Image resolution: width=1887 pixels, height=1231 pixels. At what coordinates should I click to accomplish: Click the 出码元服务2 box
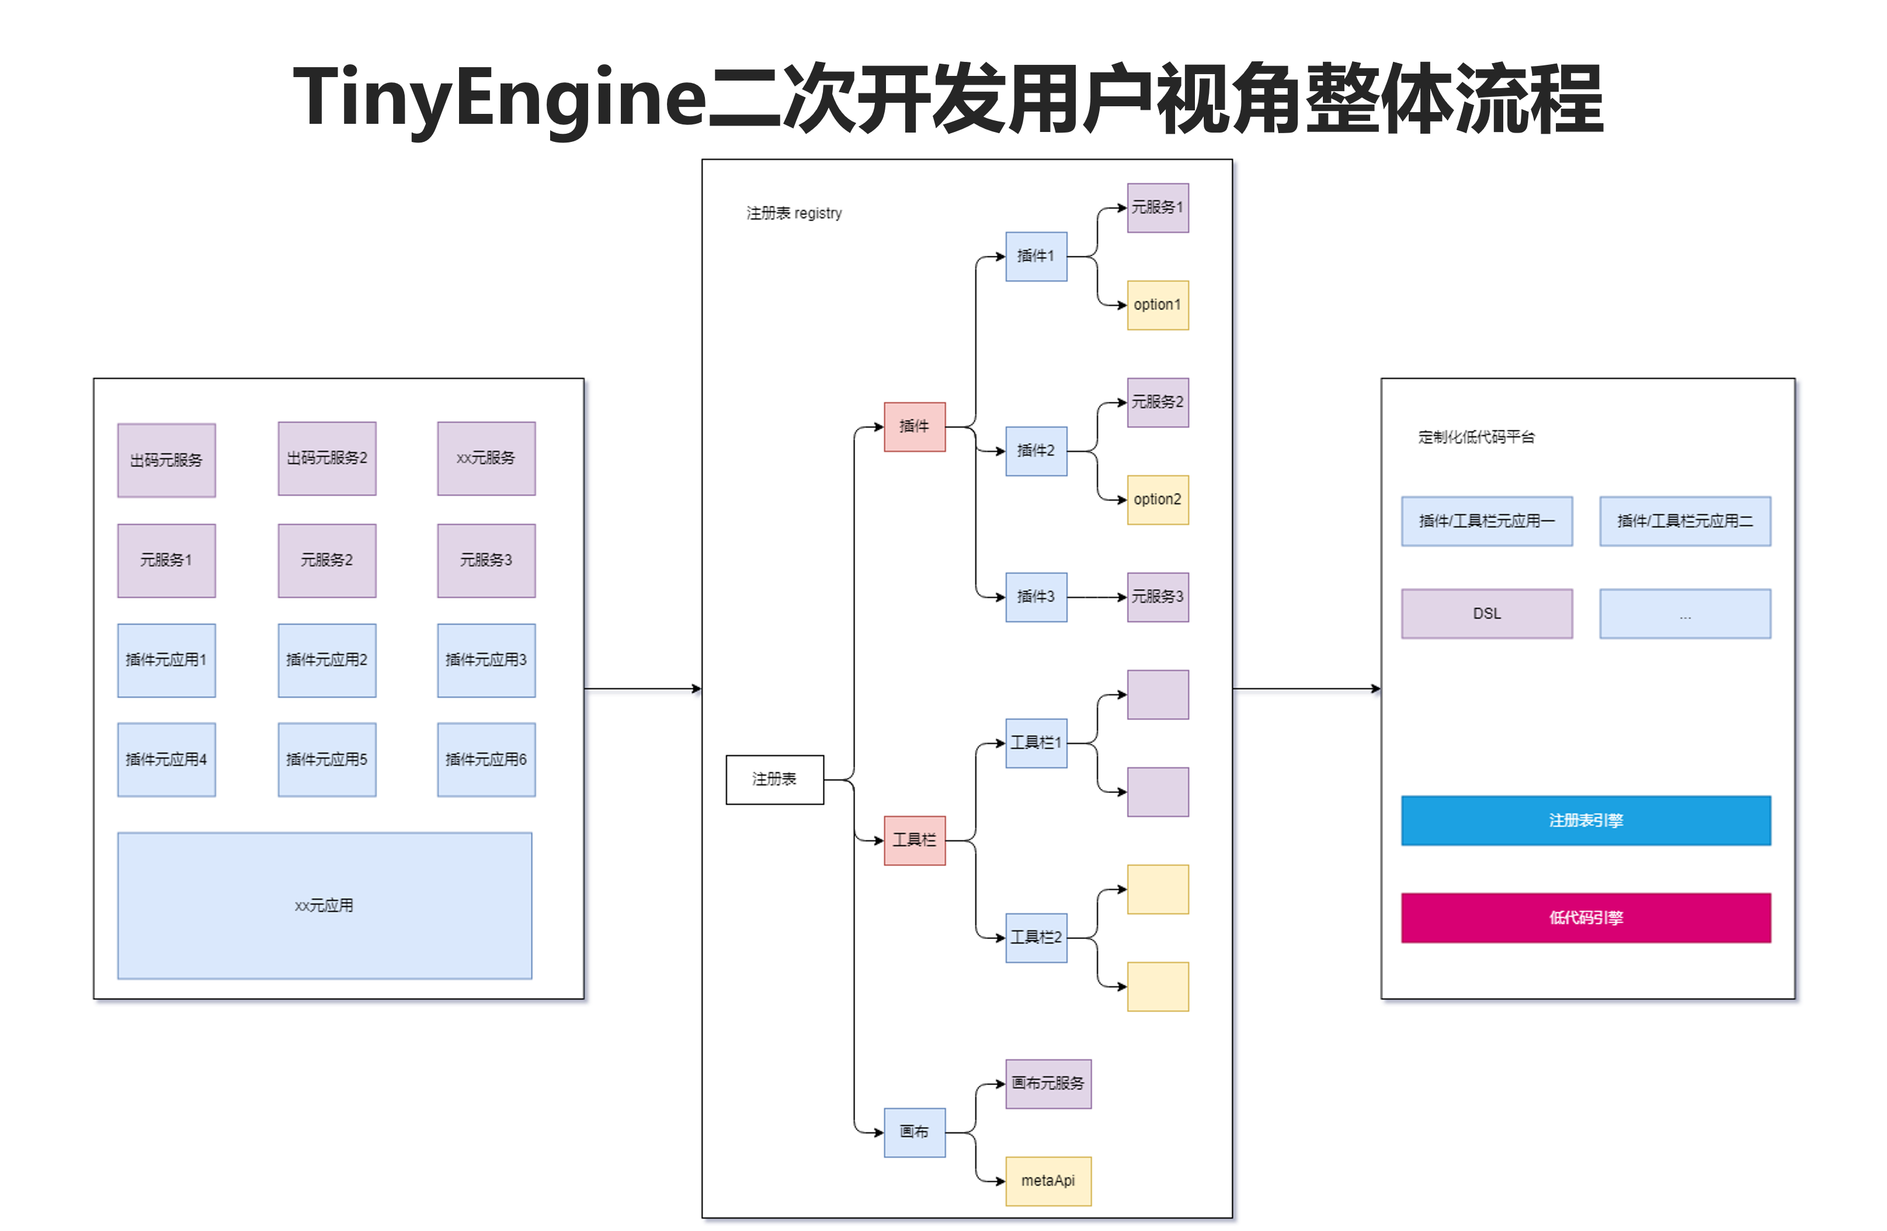coord(326,458)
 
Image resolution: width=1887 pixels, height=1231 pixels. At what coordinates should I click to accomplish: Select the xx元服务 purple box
coord(486,458)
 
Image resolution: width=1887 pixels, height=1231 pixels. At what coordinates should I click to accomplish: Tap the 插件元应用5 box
coord(326,759)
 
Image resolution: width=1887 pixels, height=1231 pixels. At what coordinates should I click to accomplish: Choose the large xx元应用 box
coord(324,905)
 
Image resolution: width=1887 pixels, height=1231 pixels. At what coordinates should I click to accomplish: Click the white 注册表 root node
coord(774,779)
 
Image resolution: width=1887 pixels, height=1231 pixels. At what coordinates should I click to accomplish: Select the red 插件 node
coord(914,426)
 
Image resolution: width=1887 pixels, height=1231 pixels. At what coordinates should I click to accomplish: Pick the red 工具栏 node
coord(914,840)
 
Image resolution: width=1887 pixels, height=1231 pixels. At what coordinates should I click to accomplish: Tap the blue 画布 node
coord(914,1132)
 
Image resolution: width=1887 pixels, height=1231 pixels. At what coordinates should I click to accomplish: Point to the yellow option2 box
coord(1158,499)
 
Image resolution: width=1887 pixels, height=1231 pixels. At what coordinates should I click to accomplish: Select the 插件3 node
coord(1035,597)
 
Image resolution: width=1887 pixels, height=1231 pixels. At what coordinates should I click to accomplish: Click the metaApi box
coord(1048,1181)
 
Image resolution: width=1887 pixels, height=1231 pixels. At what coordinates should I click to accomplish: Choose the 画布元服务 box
coord(1048,1084)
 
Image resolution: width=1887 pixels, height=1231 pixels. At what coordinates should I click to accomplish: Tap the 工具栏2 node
coord(1035,938)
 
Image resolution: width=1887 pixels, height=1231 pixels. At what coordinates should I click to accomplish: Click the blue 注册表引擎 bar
coord(1586,820)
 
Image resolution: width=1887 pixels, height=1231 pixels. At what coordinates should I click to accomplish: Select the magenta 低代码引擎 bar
coord(1586,918)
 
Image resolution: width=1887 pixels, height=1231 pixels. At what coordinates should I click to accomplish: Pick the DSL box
coord(1486,614)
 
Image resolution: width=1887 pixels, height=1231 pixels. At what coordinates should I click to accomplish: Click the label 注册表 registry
coord(794,213)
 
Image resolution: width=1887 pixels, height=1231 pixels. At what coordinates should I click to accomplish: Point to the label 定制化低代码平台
coord(1476,437)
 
